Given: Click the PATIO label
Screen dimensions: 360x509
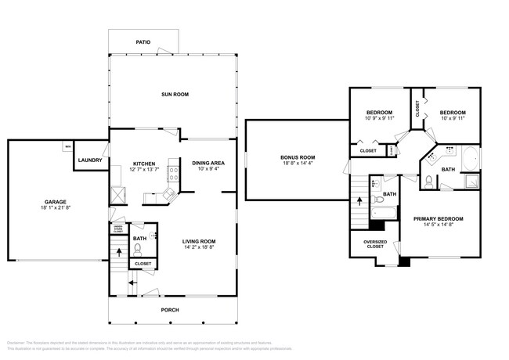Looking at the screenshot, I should point(143,42).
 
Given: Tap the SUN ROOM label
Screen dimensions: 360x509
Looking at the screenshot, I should point(175,95).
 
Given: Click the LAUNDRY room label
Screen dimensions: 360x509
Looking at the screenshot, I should point(90,160).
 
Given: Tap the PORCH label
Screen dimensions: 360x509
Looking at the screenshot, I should point(170,310).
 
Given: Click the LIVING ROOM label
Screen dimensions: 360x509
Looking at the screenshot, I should point(199,241).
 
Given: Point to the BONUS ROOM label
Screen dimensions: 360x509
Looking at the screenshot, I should point(297,157).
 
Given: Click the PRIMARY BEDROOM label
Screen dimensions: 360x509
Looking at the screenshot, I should point(439,218).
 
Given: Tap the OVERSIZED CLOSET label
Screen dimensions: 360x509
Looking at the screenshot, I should point(374,244).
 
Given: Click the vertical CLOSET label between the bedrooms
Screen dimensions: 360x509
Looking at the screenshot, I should point(417,108).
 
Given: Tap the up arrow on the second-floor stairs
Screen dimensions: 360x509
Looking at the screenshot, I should point(359,200).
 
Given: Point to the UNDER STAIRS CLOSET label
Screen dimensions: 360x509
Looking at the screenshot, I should point(117,229).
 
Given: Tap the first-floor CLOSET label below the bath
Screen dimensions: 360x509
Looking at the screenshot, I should point(142,264).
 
